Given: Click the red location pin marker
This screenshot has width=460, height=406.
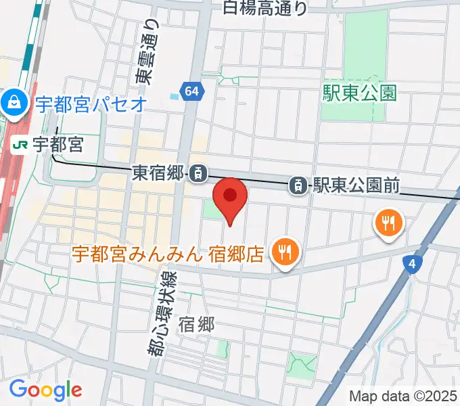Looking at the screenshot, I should pos(230,197).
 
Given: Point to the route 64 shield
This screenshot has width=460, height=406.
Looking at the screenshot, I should pos(191,91).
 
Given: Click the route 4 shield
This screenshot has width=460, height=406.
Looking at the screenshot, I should pos(411,264).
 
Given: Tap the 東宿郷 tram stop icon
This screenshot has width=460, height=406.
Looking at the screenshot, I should pos(198,173).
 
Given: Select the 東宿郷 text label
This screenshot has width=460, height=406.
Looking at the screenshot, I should pos(158,174).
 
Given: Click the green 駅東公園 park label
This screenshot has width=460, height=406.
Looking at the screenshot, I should pos(359,93).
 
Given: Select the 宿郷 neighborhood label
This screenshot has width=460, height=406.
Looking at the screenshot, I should pos(196,325).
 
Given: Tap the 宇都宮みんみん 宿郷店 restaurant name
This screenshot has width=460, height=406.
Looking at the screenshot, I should pos(168,254).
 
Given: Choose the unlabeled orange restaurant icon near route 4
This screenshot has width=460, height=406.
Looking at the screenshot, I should pos(388,223).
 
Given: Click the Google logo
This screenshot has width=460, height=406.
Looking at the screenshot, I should pos(45,390).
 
